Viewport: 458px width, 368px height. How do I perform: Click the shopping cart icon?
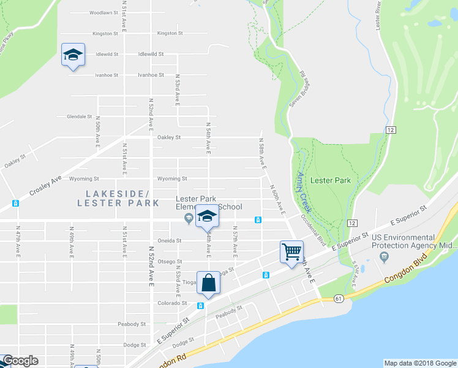click(x=291, y=251)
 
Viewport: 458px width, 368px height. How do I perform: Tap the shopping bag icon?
click(x=208, y=283)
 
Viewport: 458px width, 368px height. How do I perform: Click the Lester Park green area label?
click(x=330, y=180)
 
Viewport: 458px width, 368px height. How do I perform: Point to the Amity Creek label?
click(x=304, y=191)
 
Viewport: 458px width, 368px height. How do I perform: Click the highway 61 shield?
click(x=339, y=298)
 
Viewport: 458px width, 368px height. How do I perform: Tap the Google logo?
click(x=20, y=361)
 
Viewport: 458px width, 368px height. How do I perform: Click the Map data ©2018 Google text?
click(x=419, y=363)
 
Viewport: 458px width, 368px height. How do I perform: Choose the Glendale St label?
click(x=79, y=117)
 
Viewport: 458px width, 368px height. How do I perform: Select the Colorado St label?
click(x=171, y=303)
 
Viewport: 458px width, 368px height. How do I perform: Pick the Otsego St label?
click(x=170, y=261)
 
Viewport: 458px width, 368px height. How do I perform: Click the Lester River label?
click(x=380, y=19)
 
